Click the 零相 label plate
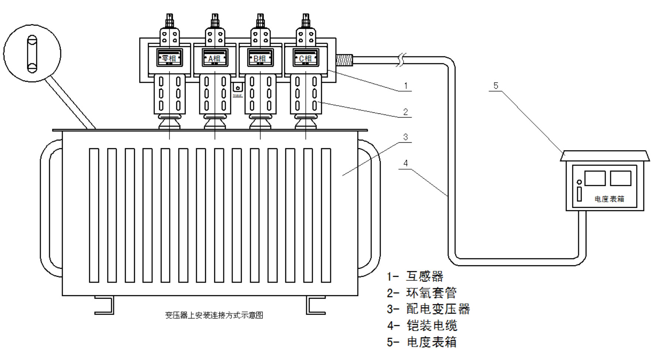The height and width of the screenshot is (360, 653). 170,58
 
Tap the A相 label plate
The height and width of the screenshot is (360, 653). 215,58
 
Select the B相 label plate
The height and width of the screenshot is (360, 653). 260,58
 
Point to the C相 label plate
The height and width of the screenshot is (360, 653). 306,58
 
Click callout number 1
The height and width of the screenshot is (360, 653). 406,86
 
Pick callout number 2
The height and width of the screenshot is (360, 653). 406,112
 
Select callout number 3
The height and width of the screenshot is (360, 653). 406,137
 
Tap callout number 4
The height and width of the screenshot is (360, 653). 406,163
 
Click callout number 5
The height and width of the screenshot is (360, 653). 496,86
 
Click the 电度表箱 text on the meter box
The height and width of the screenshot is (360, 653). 609,199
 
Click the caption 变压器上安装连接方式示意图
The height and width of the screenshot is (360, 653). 214,315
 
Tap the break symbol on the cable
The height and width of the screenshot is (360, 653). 402,60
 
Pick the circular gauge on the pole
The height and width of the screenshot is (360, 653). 32,54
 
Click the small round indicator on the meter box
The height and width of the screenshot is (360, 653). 579,182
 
